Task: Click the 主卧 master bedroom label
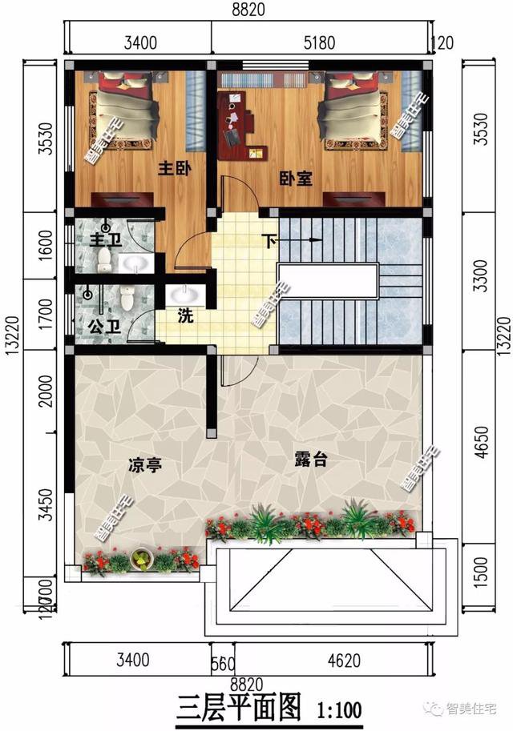click(x=172, y=169)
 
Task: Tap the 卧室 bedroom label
click(x=297, y=179)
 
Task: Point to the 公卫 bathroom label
click(x=100, y=327)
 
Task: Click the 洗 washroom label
click(x=185, y=315)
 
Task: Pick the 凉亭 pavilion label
click(x=144, y=464)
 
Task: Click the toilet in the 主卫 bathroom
click(x=104, y=257)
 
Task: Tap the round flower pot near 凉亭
click(x=142, y=558)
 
